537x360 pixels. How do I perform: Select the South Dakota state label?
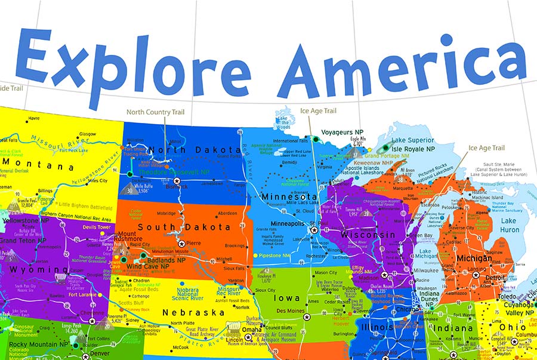point(175,227)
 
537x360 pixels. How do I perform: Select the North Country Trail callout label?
point(155,112)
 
